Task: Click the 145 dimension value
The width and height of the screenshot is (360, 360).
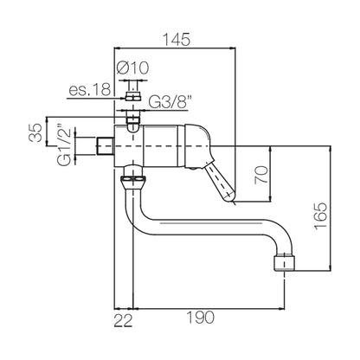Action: [177, 40]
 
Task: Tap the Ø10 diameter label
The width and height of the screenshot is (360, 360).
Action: [133, 68]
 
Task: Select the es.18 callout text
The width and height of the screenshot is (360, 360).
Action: [90, 89]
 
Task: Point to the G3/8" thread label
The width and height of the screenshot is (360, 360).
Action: [170, 101]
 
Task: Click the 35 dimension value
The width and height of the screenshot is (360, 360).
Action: [35, 132]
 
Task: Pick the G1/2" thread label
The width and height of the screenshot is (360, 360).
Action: [63, 145]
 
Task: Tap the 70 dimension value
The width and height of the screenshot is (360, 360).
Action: [261, 175]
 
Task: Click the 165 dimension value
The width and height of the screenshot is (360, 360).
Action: [321, 215]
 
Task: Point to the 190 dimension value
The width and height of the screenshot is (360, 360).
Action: [201, 318]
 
